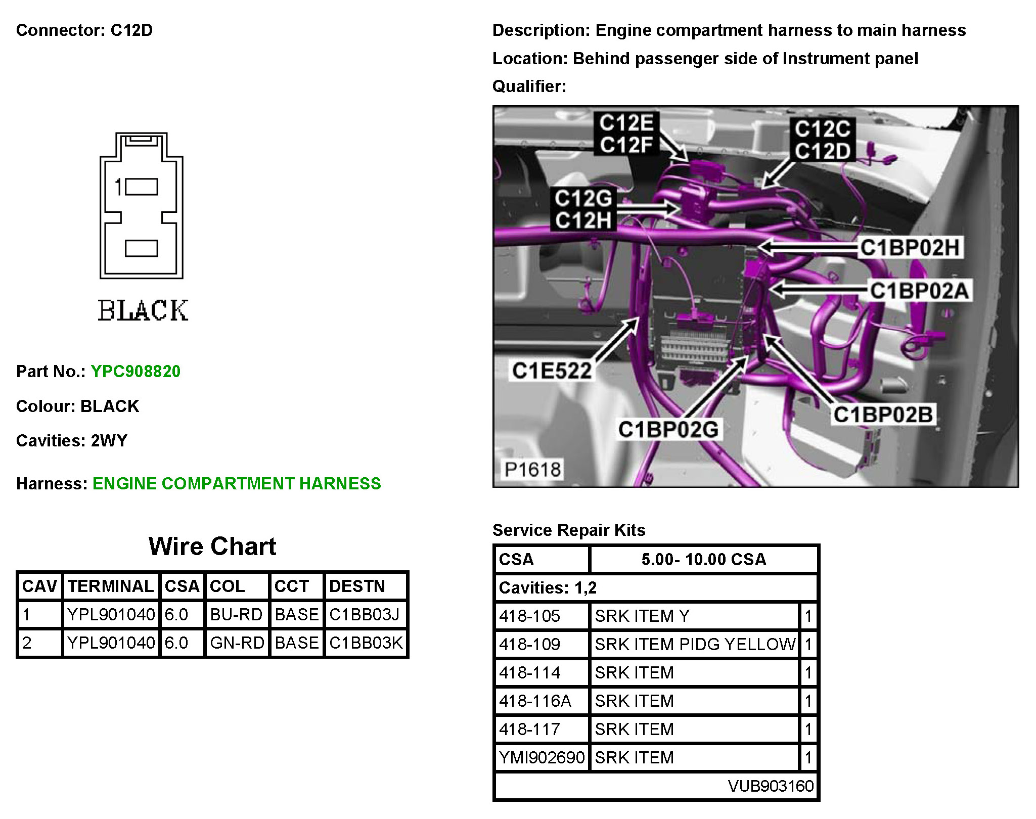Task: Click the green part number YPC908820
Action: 136,372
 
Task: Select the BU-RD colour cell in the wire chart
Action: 236,614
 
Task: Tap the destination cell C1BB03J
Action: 365,614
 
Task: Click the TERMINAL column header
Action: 111,586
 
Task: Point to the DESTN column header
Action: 357,586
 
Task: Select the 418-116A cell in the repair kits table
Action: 535,701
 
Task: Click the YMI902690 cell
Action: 542,757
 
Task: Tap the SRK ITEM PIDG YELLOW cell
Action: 695,644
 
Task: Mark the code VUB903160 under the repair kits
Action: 771,786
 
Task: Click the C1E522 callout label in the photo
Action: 552,371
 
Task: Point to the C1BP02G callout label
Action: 668,429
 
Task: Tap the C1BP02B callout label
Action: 883,415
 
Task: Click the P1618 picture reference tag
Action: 532,469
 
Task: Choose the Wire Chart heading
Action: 212,547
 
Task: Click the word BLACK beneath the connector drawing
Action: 143,310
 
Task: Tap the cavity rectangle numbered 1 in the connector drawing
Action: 142,187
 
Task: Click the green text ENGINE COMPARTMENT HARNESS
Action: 237,484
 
